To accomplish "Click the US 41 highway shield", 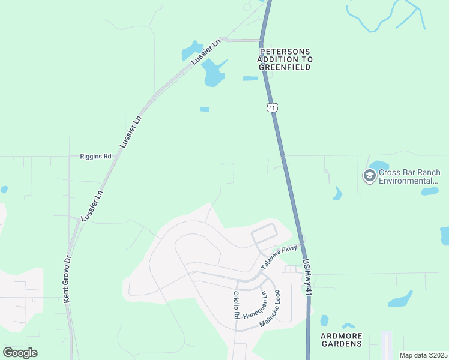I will click(x=273, y=107).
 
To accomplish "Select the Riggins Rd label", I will click(x=96, y=157).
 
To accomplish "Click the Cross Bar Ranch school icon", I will click(x=369, y=176).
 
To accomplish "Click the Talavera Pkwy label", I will click(x=279, y=257).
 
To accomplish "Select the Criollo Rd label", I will click(x=237, y=305).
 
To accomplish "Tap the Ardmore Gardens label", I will click(x=342, y=340).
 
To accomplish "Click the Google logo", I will click(x=20, y=353).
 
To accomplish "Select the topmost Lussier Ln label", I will click(x=206, y=52).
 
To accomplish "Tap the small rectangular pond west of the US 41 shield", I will click(x=205, y=109).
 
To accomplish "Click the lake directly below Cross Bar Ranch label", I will click(x=429, y=191).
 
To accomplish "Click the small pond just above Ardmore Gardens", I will click(x=325, y=320).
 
